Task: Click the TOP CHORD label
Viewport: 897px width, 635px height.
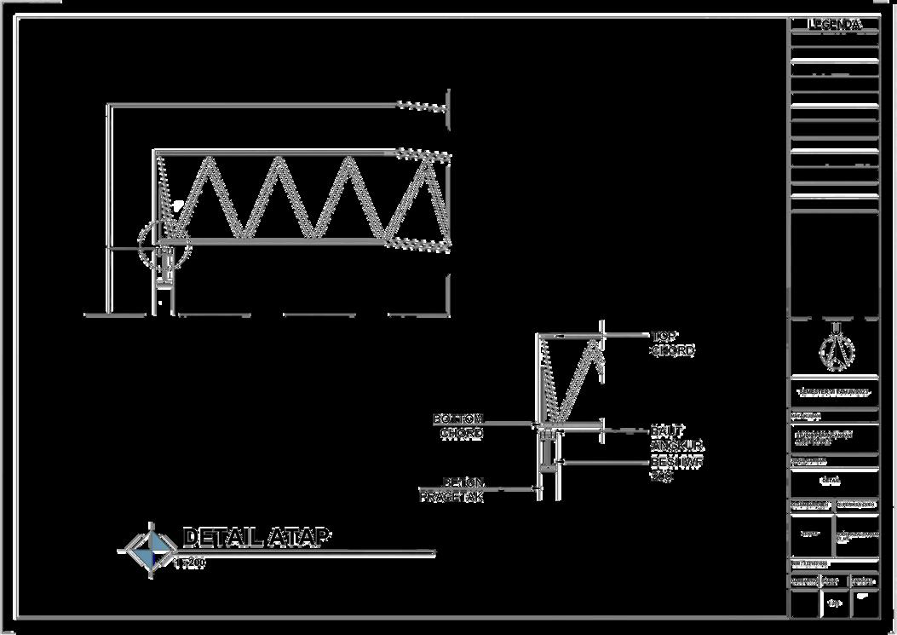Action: pos(673,343)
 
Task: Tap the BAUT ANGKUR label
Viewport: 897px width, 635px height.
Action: pos(676,438)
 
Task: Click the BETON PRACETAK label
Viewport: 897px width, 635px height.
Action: pos(452,489)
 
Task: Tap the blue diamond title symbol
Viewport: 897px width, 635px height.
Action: pos(151,549)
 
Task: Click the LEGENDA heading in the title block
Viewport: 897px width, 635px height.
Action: pos(834,25)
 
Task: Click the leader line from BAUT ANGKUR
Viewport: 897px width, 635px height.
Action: pos(626,431)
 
